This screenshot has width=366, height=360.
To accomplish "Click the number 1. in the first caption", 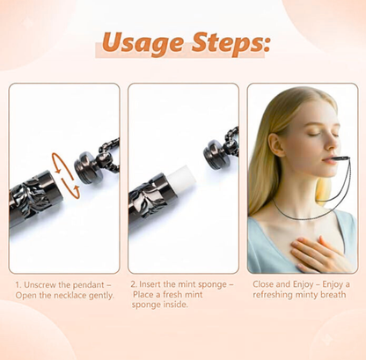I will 18,284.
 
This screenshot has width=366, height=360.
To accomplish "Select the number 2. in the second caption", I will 133,284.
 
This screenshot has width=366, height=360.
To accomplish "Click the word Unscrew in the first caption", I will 40,284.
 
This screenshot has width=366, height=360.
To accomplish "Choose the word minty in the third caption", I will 297,296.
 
